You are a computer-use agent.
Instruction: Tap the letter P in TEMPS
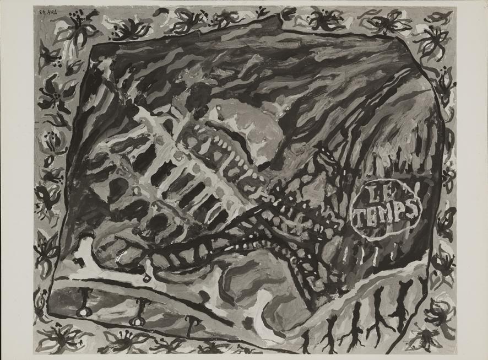point(399,212)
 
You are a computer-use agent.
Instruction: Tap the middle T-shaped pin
point(138,312)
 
